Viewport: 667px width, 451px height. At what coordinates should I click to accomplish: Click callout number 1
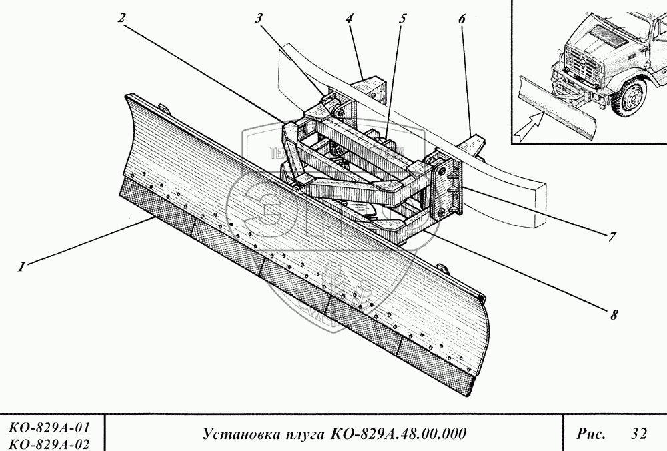(x=22, y=268)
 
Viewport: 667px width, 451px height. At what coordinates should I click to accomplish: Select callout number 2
(x=121, y=18)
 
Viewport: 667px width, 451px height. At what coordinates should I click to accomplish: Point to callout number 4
(x=350, y=18)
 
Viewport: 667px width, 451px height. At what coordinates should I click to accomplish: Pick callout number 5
(x=403, y=18)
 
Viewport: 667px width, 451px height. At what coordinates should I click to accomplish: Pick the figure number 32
(x=638, y=434)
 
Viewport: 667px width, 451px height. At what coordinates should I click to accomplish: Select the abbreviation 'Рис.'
(x=590, y=434)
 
